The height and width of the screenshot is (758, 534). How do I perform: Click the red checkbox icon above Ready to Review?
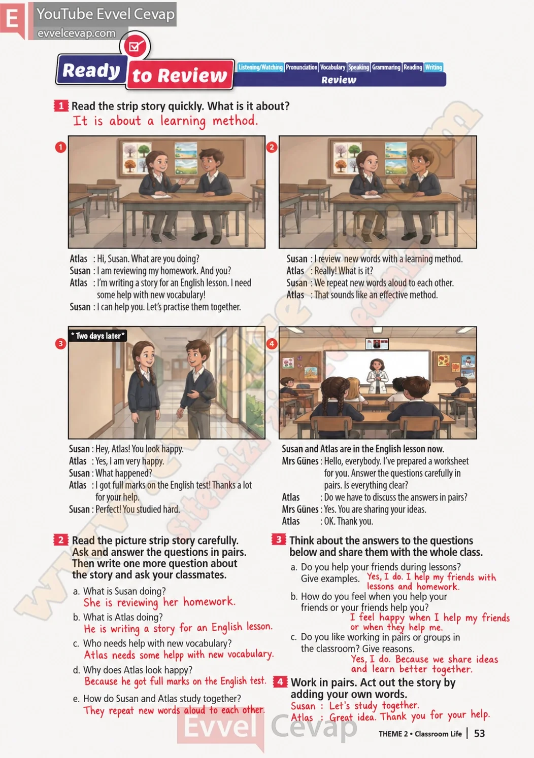[x=135, y=46]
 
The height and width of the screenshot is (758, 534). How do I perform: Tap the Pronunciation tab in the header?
[x=301, y=67]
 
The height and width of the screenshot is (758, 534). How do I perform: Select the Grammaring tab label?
[x=386, y=67]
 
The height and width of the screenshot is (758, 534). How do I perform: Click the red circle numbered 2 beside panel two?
[x=272, y=147]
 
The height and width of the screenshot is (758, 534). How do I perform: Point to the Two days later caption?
[x=97, y=336]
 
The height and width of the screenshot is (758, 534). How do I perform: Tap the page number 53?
[x=479, y=733]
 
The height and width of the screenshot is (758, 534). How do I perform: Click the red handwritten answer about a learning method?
[x=165, y=121]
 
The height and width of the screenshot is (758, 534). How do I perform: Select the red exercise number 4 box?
[x=280, y=681]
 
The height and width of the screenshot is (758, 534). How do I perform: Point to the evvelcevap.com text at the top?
[x=76, y=33]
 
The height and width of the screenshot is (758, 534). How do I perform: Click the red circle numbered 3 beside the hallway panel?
[x=60, y=344]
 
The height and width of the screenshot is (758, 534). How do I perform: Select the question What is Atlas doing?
[x=118, y=617]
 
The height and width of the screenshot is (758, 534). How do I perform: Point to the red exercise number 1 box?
[x=60, y=105]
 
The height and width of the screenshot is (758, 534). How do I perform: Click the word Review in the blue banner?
[x=339, y=80]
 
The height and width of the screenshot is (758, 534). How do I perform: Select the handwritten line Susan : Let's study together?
[x=355, y=706]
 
